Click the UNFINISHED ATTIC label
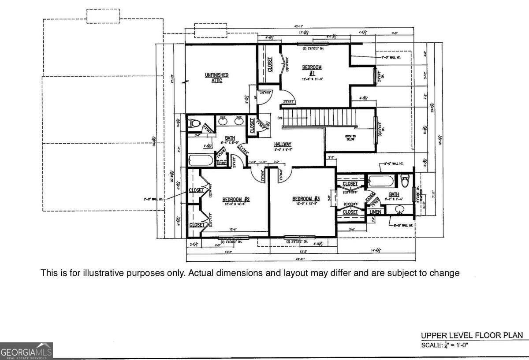(x=216, y=78)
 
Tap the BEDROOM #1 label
(x=312, y=70)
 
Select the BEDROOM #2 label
(x=236, y=200)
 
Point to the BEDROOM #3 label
(x=306, y=199)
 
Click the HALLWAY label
(x=283, y=144)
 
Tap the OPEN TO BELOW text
(x=350, y=138)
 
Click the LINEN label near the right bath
(x=375, y=212)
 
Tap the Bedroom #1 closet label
(x=270, y=64)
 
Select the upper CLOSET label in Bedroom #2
(x=196, y=190)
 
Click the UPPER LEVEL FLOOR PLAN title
(x=472, y=335)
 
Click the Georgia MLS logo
(x=26, y=351)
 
